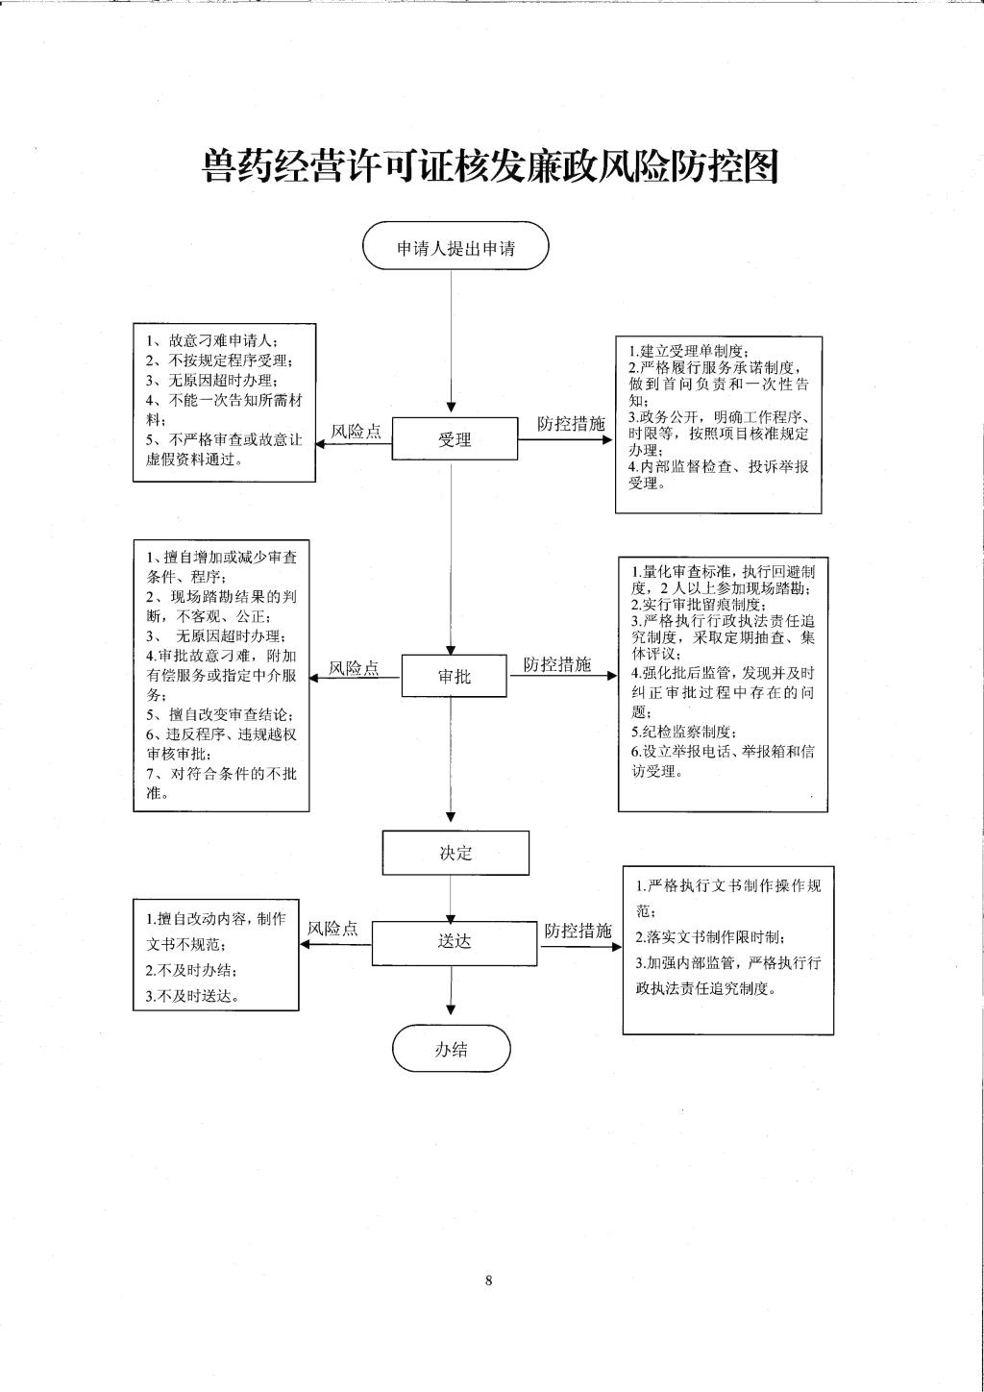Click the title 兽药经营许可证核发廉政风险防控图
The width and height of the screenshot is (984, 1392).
491,166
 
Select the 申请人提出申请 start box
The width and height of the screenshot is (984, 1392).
456,246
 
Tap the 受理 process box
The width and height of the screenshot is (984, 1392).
455,438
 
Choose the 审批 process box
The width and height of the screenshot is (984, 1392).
454,676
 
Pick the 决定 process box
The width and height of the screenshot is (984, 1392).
455,853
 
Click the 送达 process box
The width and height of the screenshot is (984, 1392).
455,943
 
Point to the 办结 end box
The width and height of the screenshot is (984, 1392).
451,1049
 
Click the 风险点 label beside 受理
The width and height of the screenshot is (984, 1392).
356,432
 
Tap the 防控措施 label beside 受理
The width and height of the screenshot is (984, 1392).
571,424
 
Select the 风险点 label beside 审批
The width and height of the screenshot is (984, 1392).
354,668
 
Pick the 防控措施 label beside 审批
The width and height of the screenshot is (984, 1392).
557,664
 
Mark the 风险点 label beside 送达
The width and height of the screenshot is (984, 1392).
333,929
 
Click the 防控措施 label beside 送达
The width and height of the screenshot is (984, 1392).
578,931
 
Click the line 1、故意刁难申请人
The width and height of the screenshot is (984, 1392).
211,340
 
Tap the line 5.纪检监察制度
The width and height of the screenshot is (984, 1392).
681,732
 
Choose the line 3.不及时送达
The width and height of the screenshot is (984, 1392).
193,996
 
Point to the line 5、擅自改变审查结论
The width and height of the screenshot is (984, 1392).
220,714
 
